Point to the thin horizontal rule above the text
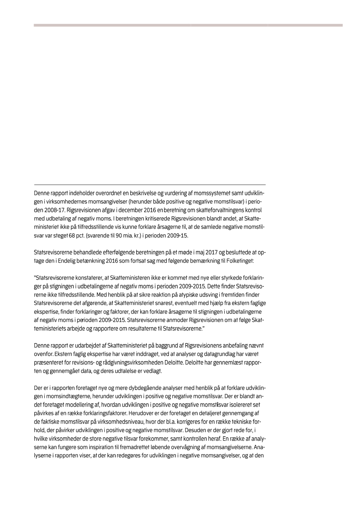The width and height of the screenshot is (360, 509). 150,185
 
